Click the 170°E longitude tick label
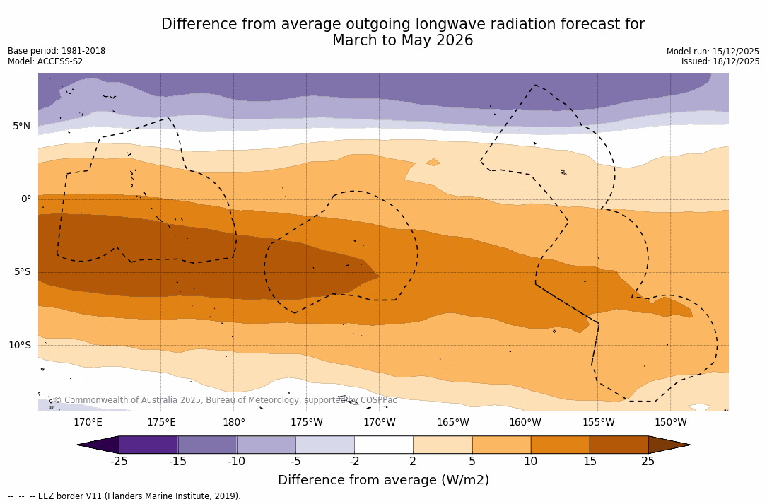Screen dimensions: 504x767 tap(88, 423)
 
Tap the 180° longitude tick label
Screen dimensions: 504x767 tap(234, 423)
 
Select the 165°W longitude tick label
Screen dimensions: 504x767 tap(452, 423)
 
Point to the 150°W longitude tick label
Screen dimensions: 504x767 tap(670, 423)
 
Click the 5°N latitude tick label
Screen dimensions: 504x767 tap(21, 127)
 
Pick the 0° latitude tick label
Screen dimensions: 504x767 tap(25, 199)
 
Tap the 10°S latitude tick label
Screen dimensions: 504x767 tap(19, 346)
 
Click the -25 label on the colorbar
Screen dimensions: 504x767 tap(119, 462)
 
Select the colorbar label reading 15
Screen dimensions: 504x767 tap(590, 462)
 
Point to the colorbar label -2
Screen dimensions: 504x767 tap(354, 462)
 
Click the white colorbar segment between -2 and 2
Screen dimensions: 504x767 tap(383, 445)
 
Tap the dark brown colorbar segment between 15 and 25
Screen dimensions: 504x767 tap(619, 445)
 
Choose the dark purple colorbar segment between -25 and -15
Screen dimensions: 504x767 tap(148, 445)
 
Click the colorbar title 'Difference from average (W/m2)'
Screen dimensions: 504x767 tap(383, 481)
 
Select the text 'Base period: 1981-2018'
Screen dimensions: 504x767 tap(57, 51)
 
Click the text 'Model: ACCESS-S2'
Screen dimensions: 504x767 tap(45, 61)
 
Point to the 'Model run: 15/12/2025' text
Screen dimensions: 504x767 tap(713, 52)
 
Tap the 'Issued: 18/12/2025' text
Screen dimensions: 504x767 tap(720, 61)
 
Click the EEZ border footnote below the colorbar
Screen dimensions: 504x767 tap(124, 496)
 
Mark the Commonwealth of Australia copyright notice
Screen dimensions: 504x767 tap(225, 400)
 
